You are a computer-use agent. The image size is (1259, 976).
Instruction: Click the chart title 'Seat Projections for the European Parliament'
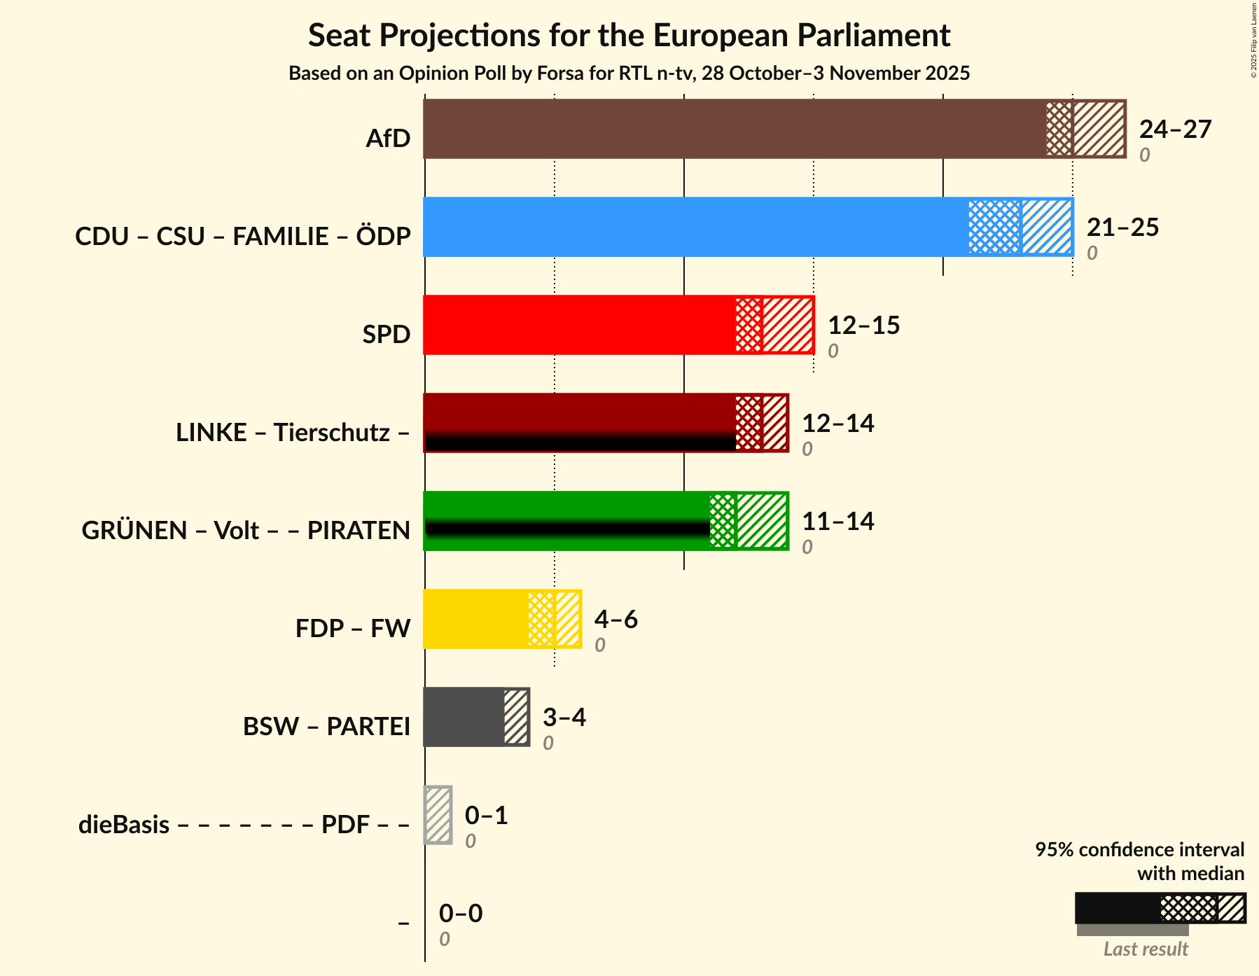629,35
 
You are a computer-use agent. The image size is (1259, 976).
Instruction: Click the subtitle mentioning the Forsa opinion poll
629,74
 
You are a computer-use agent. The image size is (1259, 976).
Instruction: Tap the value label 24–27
1174,130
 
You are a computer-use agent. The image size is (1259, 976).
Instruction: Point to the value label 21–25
1122,228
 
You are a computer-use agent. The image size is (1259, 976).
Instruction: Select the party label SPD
386,335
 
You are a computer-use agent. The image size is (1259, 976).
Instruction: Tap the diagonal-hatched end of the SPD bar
787,325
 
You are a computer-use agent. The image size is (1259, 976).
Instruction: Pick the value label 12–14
837,424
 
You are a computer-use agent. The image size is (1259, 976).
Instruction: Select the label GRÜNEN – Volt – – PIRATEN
246,531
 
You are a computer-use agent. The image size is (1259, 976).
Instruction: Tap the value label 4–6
615,620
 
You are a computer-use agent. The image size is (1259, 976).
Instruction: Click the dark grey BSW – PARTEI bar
463,717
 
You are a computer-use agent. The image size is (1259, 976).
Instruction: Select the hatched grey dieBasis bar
438,815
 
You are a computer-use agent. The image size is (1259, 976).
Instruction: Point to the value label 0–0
460,914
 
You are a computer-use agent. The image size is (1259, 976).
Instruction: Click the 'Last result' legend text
1146,949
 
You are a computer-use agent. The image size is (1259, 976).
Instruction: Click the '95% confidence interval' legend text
1139,850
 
